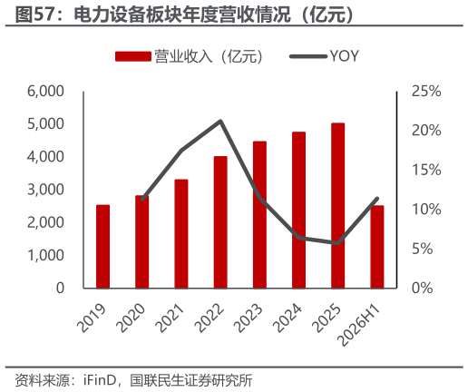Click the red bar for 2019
pyautogui.click(x=102, y=246)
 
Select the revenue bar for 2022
pyautogui.click(x=220, y=222)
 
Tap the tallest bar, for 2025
pyautogui.click(x=337, y=205)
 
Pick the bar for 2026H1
pyautogui.click(x=377, y=247)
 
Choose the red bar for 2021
pyautogui.click(x=181, y=233)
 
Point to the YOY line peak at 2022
pyautogui.click(x=220, y=122)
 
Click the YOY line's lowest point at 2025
pyautogui.click(x=337, y=243)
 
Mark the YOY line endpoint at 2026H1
pyautogui.click(x=377, y=199)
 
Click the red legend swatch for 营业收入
pyautogui.click(x=133, y=56)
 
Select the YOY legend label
pyautogui.click(x=344, y=56)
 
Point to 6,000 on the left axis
pyautogui.click(x=45, y=91)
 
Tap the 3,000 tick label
pyautogui.click(x=45, y=190)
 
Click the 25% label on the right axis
pyautogui.click(x=426, y=91)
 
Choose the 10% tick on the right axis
pyautogui.click(x=426, y=209)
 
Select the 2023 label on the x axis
pyautogui.click(x=249, y=318)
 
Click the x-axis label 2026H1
pyautogui.click(x=358, y=325)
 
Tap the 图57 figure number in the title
pyautogui.click(x=34, y=15)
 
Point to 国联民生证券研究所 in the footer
pyautogui.click(x=191, y=380)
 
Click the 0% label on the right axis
pyautogui.click(x=423, y=288)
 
